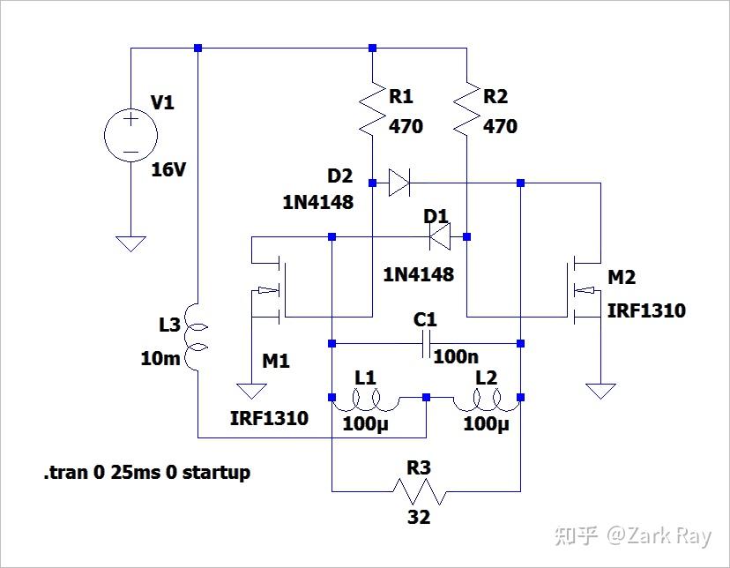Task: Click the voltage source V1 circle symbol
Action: tap(130, 136)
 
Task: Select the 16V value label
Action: tap(168, 169)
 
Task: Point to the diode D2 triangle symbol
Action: tap(399, 183)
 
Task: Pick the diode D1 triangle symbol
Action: tap(439, 235)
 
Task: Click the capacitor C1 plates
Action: tap(428, 344)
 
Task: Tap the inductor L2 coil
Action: tap(486, 403)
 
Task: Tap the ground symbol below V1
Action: tap(130, 243)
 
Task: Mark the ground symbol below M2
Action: tap(600, 390)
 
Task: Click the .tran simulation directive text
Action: tap(147, 473)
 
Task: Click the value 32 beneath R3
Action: tap(419, 517)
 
